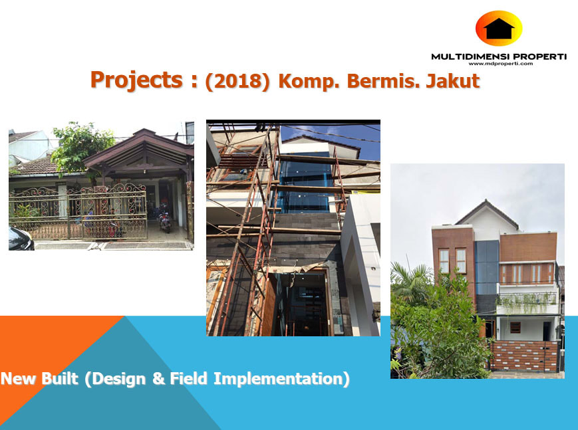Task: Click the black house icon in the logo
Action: pos(499,29)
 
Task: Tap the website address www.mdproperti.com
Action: pos(501,63)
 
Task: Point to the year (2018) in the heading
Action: pos(237,80)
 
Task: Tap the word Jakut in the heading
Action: pos(453,80)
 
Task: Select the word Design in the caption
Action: pos(118,379)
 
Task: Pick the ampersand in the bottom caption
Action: pos(158,378)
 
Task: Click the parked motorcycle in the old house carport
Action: pos(164,222)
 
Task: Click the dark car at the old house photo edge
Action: pos(21,239)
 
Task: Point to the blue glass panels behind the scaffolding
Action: pos(304,182)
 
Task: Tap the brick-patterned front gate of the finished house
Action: pos(524,356)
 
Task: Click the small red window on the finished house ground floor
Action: pos(515,327)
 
